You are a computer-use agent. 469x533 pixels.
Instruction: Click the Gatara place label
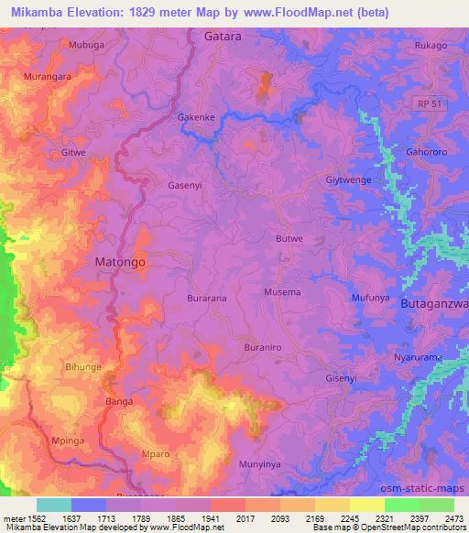tap(223, 37)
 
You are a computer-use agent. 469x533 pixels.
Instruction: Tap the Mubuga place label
tap(87, 44)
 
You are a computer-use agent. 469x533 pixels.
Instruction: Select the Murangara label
tap(48, 77)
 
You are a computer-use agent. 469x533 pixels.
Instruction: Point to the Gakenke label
tap(195, 118)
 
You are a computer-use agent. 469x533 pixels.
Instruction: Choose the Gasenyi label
tap(184, 184)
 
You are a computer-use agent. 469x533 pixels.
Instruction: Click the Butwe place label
tap(289, 238)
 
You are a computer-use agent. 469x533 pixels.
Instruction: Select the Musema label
tap(282, 292)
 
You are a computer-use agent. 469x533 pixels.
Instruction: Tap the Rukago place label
tap(431, 46)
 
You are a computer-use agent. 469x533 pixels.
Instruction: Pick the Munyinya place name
tap(259, 464)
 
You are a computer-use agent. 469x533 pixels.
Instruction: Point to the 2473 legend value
tap(453, 518)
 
